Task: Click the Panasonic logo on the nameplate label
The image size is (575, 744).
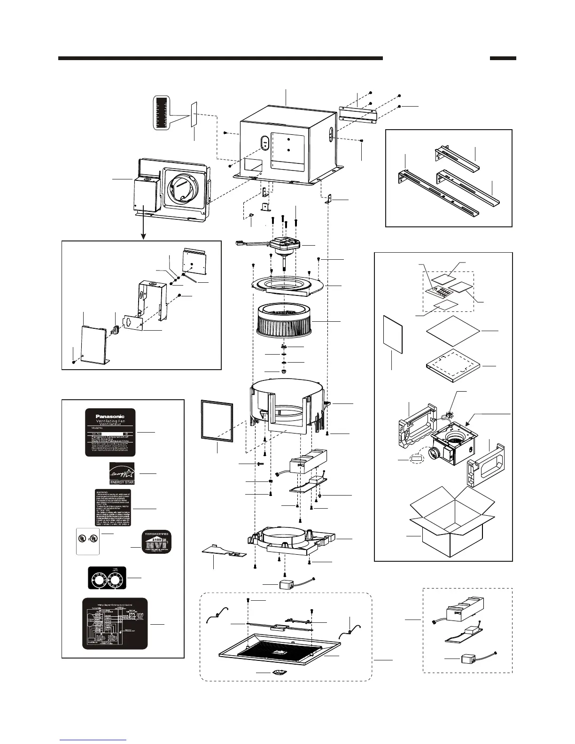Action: tap(110, 416)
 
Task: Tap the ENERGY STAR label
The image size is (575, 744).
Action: tap(122, 473)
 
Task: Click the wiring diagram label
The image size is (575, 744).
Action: tap(115, 623)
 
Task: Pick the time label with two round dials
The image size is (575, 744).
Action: tap(108, 577)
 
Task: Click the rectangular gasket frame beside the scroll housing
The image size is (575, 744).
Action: tap(217, 420)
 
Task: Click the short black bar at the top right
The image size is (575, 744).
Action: tap(503, 59)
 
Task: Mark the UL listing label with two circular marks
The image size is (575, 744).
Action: tap(88, 541)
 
